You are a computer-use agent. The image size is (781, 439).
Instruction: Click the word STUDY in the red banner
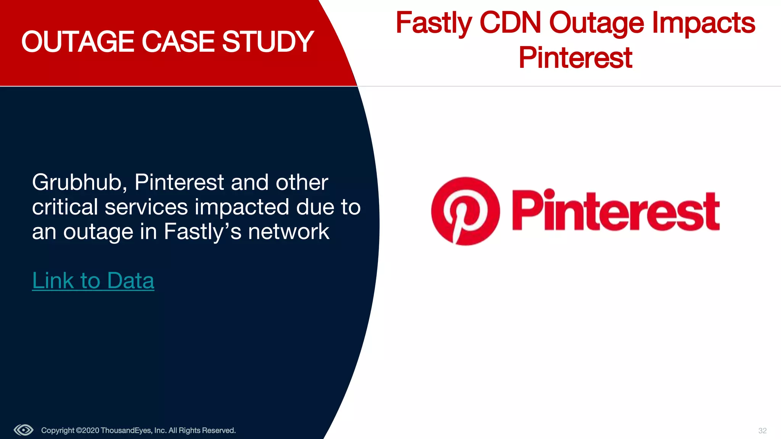[x=268, y=42]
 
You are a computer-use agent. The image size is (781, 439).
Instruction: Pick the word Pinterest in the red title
[x=575, y=58]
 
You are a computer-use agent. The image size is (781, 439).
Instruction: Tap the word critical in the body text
[x=65, y=207]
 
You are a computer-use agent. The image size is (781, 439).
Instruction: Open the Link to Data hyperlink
[x=93, y=281]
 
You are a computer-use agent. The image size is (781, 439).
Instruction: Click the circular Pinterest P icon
[x=465, y=211]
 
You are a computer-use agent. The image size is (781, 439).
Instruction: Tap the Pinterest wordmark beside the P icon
[x=615, y=210]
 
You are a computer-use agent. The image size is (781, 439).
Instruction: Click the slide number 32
[x=762, y=431]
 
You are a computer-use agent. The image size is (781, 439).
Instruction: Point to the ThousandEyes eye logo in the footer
[x=24, y=430]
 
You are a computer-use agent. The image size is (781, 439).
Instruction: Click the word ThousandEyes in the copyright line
[x=126, y=431]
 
